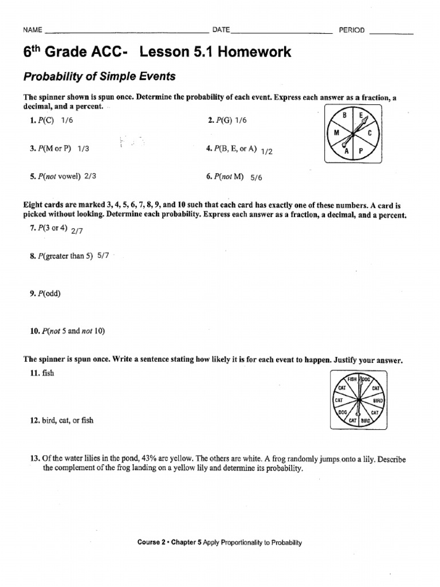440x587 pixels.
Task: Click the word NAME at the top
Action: pyautogui.click(x=32, y=30)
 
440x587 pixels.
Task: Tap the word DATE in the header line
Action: pyautogui.click(x=221, y=30)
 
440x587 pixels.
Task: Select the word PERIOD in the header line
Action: pyautogui.click(x=352, y=30)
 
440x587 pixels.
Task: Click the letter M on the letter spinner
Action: pyautogui.click(x=337, y=132)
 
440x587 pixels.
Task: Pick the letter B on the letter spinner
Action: pyautogui.click(x=345, y=116)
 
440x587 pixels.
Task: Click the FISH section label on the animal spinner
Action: pyautogui.click(x=349, y=379)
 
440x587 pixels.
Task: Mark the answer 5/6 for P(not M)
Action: pyautogui.click(x=256, y=178)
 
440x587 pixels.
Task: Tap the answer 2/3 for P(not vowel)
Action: pyautogui.click(x=90, y=177)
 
